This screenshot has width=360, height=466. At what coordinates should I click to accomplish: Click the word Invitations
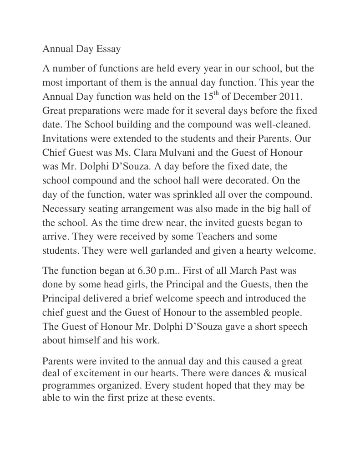click(x=66, y=138)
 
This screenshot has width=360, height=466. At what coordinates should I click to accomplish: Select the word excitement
click(x=96, y=374)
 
